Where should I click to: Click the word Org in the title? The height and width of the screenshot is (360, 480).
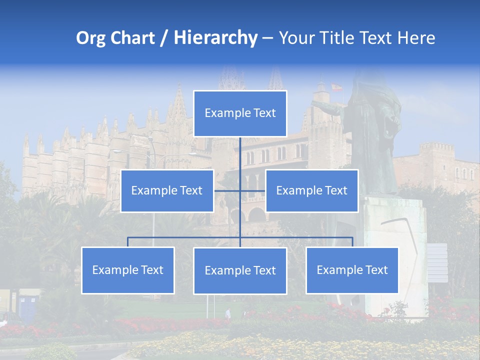(x=90, y=38)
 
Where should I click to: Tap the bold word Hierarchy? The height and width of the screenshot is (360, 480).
(x=215, y=38)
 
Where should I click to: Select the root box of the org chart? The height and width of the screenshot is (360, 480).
(x=240, y=113)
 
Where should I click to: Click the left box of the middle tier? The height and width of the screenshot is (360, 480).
(x=167, y=190)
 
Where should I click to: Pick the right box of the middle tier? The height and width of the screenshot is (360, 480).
(x=311, y=190)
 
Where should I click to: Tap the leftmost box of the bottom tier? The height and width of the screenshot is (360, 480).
(x=127, y=270)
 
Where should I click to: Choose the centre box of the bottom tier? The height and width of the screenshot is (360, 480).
(x=240, y=270)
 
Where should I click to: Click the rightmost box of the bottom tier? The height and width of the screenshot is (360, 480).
(x=352, y=270)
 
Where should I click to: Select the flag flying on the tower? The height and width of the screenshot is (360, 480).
(x=336, y=87)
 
